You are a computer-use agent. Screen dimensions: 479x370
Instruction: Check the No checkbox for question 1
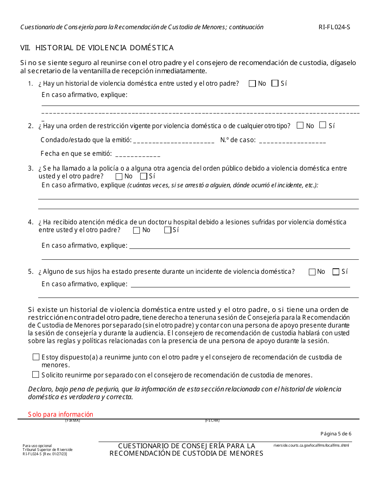252,83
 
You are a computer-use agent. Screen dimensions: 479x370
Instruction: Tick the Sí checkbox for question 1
275,83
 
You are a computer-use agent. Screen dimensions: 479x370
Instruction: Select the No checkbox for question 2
300,125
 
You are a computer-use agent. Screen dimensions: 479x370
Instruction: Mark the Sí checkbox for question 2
322,125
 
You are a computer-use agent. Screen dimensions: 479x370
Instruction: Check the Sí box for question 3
143,176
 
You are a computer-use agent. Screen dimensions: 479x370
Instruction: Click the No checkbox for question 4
136,230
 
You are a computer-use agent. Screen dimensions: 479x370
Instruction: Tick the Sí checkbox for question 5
336,272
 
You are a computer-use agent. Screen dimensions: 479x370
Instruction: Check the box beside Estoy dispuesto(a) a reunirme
36,357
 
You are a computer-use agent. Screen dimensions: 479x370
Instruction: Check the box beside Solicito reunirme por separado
36,375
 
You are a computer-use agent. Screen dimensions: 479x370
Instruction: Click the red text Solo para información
60,414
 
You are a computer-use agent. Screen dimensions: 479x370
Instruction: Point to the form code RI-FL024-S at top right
334,27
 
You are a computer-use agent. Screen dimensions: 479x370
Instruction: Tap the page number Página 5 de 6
336,434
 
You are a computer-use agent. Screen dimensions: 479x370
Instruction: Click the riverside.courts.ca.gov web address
311,446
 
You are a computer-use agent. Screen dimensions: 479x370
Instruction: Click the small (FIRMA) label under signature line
72,421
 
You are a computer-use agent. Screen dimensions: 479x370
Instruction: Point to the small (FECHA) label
212,421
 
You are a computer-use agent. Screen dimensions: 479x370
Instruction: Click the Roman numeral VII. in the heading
26,48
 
